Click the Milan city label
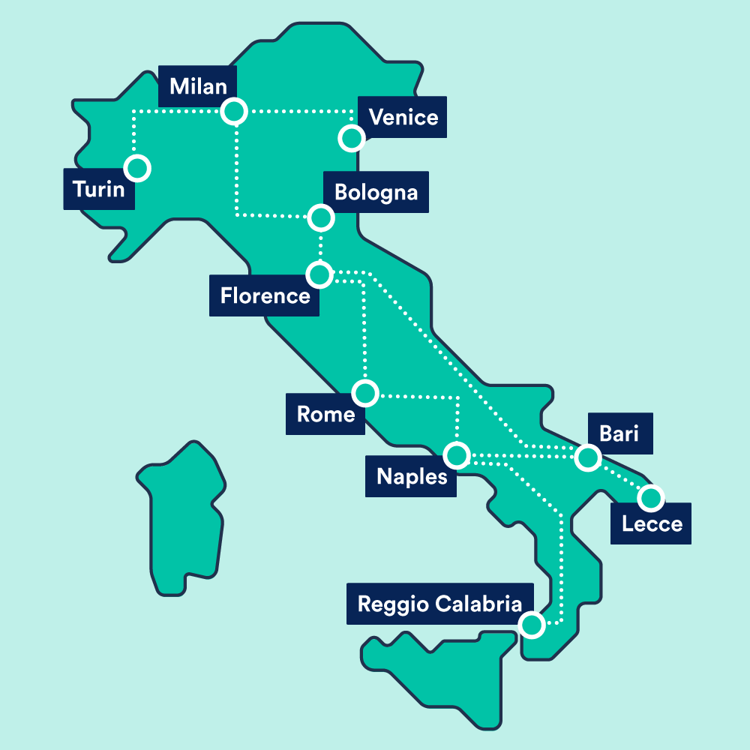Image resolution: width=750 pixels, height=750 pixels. [x=198, y=86]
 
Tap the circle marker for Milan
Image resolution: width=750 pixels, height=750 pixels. [x=234, y=112]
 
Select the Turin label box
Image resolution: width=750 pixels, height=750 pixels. [x=99, y=188]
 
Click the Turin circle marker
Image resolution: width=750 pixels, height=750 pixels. [x=138, y=168]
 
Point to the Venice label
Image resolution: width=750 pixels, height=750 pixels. [x=403, y=117]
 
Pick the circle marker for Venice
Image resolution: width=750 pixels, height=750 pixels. [x=350, y=138]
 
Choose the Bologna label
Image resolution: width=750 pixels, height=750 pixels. [x=375, y=192]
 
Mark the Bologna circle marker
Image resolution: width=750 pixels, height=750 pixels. [x=321, y=217]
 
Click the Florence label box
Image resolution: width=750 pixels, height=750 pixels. [x=264, y=295]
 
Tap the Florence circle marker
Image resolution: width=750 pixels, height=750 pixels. [x=319, y=274]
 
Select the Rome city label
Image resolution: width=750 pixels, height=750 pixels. [x=325, y=414]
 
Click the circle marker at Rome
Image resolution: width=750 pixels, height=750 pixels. [x=365, y=392]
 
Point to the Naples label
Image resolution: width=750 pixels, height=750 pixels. [x=411, y=476]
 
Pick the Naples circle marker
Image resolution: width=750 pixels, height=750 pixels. [x=456, y=454]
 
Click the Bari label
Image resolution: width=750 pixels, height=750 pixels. [x=619, y=433]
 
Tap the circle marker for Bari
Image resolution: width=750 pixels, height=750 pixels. [x=588, y=457]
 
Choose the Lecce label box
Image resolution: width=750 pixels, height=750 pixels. [x=651, y=523]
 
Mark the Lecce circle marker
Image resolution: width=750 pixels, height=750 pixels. [x=651, y=497]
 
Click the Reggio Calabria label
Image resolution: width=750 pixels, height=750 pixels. [x=439, y=604]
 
